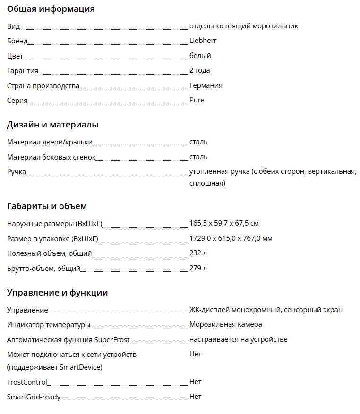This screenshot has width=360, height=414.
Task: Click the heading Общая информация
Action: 51,9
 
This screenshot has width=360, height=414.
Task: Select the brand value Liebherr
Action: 203,41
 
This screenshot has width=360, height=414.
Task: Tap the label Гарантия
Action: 22,71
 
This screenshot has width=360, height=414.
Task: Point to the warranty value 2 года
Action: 199,70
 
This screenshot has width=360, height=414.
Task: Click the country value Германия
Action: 206,85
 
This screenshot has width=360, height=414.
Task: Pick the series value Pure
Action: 197,100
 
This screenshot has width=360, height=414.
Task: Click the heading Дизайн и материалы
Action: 52,125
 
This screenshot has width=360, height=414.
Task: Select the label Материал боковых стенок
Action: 51,157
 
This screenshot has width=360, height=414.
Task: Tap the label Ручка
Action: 17,172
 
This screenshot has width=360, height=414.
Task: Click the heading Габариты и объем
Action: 47,206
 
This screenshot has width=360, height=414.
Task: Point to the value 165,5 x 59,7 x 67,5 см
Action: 224,223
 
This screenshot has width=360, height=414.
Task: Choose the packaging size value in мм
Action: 231,238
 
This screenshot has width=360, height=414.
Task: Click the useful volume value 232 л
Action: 198,253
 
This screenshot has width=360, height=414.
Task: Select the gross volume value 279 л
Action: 198,268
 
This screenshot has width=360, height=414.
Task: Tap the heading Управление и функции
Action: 57,293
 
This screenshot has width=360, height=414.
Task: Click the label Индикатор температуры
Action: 48,325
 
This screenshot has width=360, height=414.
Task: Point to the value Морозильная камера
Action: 225,324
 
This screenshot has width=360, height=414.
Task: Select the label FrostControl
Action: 27,382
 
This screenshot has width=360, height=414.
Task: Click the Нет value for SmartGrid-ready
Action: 195,397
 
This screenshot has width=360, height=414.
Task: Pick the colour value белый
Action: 200,56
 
